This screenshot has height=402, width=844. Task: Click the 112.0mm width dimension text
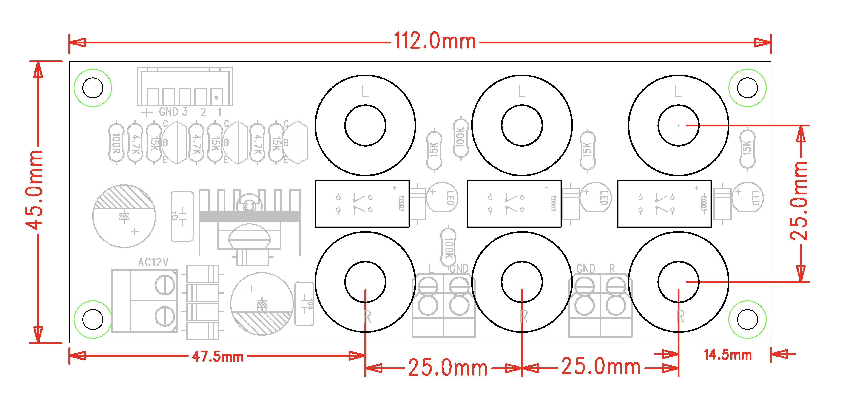(435, 41)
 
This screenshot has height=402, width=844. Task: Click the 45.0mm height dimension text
(34, 190)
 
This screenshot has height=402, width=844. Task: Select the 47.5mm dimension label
(218, 357)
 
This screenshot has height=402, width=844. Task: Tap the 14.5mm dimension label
(728, 355)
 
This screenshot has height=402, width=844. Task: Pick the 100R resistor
(116, 142)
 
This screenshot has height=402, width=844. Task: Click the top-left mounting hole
(93, 88)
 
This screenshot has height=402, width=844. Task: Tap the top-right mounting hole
(747, 88)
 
